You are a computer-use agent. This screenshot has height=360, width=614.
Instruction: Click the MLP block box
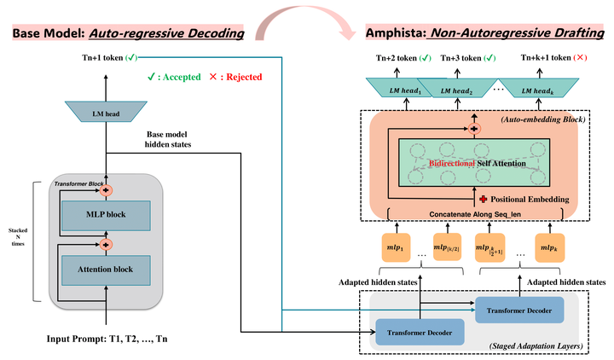tap(106, 214)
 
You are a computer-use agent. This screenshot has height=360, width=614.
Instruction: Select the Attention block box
tap(106, 270)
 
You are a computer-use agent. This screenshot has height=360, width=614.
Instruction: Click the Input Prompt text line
tap(107, 340)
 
